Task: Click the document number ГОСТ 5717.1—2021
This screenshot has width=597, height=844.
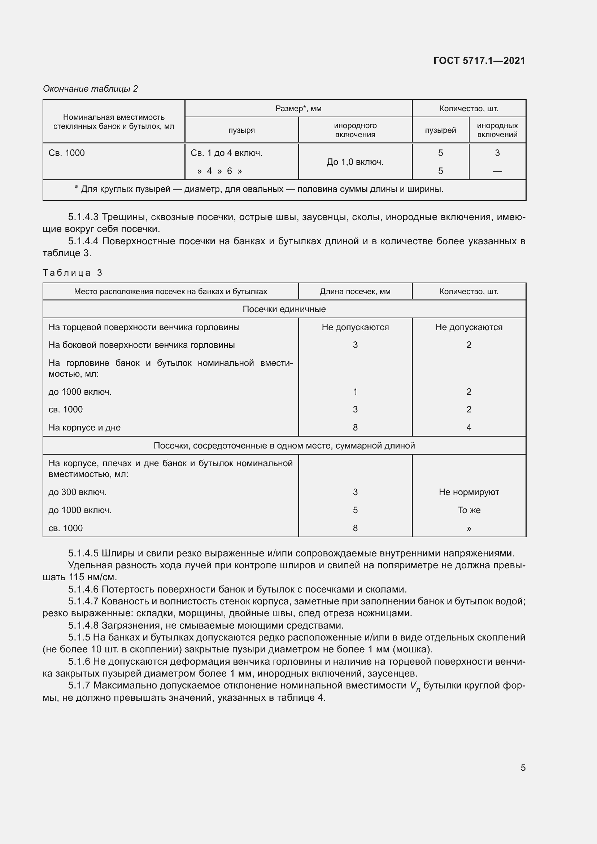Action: (479, 61)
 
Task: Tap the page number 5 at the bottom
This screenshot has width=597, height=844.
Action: (523, 768)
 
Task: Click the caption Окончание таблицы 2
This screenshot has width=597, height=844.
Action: (91, 89)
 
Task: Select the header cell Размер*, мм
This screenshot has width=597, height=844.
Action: (298, 109)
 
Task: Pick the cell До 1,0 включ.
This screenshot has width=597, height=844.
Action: (355, 162)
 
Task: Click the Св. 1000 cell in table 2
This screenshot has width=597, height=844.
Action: (66, 153)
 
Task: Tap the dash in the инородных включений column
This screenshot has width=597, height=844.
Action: (497, 171)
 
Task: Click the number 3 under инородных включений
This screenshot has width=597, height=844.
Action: (497, 153)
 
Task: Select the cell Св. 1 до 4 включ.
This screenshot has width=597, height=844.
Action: (226, 153)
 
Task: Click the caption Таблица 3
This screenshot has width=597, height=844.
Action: (73, 273)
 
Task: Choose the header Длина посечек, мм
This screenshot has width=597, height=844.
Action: (355, 292)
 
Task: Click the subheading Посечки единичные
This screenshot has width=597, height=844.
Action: (284, 309)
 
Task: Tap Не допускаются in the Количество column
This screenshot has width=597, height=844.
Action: (469, 327)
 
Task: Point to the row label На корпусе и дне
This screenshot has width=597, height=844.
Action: (84, 428)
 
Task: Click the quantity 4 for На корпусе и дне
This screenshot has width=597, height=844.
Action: (469, 428)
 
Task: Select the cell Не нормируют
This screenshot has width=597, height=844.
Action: (469, 492)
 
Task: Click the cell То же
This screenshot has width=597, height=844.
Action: (469, 510)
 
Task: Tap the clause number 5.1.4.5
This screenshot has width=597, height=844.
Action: (83, 553)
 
